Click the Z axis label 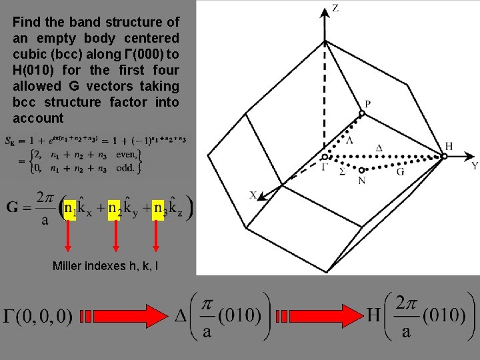[x=335, y=9]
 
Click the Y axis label [x=474, y=165]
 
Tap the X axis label [x=253, y=195]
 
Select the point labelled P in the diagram [x=367, y=104]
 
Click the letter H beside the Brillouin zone [x=449, y=146]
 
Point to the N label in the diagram [x=361, y=180]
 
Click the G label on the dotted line [x=400, y=171]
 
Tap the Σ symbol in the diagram [x=342, y=171]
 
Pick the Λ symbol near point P [x=349, y=141]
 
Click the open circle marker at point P [x=362, y=114]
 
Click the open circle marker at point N [x=361, y=170]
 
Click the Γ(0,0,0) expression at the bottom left [x=39, y=317]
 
